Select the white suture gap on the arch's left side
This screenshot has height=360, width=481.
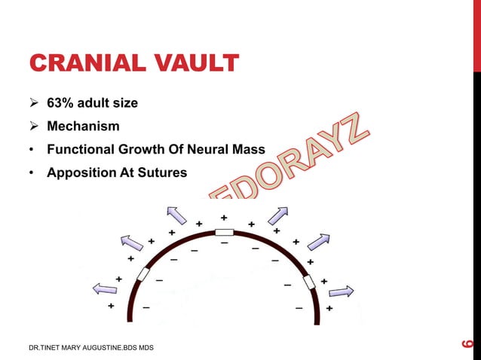tap(142, 274)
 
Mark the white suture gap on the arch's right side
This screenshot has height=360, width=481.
tap(308, 282)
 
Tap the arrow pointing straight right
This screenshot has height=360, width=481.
tap(341, 291)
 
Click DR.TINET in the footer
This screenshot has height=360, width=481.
tap(46, 346)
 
